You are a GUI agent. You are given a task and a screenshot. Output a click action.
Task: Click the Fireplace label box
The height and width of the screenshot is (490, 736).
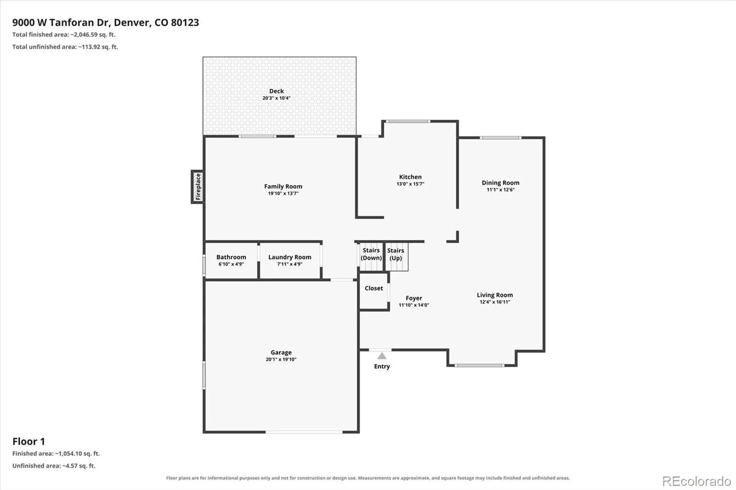(197, 187)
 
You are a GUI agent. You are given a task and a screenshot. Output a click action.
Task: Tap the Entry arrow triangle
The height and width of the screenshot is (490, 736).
(381, 356)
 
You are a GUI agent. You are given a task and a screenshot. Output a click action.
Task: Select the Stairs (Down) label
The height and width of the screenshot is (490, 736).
(371, 254)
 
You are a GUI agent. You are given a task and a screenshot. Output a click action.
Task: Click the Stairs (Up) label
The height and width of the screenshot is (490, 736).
(396, 254)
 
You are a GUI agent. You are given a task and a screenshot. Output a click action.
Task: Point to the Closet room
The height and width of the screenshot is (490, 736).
(374, 291)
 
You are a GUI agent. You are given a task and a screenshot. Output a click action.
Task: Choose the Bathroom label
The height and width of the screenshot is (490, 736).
(231, 257)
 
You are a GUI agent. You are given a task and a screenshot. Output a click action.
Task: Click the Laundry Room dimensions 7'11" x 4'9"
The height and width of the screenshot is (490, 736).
(289, 264)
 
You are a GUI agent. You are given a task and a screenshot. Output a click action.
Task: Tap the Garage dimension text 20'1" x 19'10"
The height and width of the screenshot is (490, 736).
(281, 359)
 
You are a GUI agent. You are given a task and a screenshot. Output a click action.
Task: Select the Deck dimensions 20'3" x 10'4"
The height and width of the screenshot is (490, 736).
(276, 98)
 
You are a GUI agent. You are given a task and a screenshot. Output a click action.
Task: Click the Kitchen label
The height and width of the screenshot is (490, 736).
(410, 177)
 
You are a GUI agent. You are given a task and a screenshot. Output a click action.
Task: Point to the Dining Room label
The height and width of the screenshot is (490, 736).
(500, 182)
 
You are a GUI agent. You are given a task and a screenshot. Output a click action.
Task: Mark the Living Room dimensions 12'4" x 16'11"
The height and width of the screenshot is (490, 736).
(495, 302)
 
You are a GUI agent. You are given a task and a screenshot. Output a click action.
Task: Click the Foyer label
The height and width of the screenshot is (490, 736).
(414, 298)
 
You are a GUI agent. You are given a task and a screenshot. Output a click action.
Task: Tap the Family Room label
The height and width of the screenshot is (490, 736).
(283, 186)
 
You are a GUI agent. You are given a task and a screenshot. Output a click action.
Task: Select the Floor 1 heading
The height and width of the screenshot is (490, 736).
(29, 441)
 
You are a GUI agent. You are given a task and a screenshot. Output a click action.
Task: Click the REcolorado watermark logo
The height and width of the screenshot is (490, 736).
(696, 481)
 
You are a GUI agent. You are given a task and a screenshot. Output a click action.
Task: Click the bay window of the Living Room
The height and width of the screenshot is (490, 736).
(479, 365)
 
